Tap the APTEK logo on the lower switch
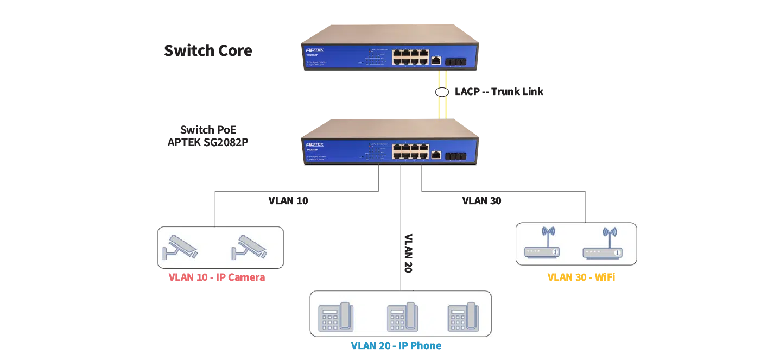pyautogui.click(x=314, y=145)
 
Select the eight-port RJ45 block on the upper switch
pyautogui.click(x=410, y=56)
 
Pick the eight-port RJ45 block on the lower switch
pyautogui.click(x=410, y=151)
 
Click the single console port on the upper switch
pyautogui.click(x=436, y=60)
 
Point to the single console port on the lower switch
pyautogui.click(x=436, y=155)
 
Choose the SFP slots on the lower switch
pyautogui.click(x=455, y=156)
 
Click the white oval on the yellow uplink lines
pyautogui.click(x=442, y=92)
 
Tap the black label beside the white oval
pyautogui.click(x=499, y=91)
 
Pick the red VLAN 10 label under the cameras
pyautogui.click(x=217, y=277)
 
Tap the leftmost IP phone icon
pyautogui.click(x=335, y=317)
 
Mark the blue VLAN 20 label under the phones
pyautogui.click(x=396, y=346)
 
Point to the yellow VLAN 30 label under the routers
pyautogui.click(x=582, y=277)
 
